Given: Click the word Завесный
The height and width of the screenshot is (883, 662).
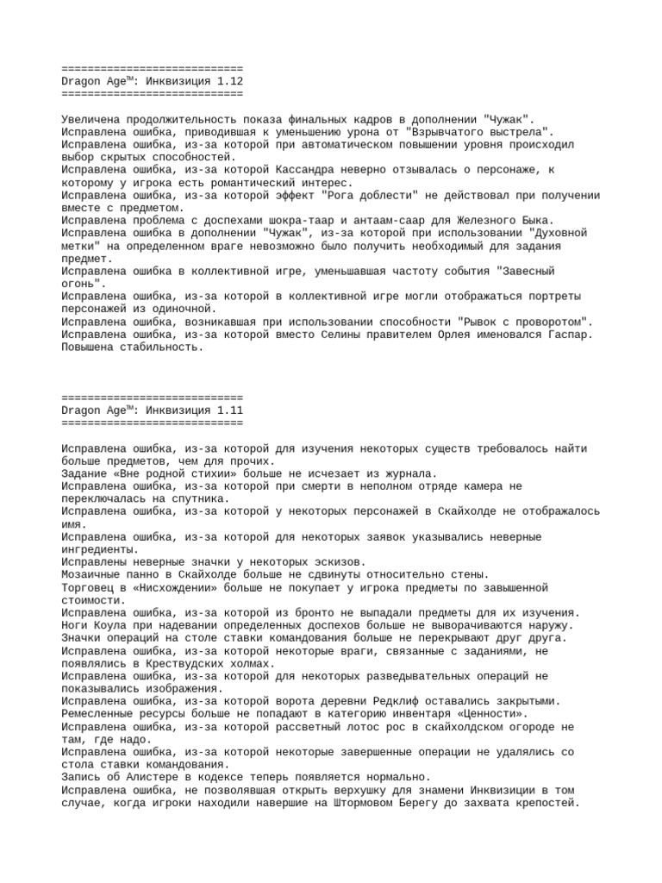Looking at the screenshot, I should pos(525,271).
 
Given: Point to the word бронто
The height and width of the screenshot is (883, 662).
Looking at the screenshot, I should pos(326,612).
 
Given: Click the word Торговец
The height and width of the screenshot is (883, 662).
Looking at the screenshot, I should pos(90,587).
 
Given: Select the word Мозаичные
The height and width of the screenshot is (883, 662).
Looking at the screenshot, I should pos(92,574).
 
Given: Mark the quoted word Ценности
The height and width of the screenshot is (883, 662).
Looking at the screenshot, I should pos(493,714).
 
